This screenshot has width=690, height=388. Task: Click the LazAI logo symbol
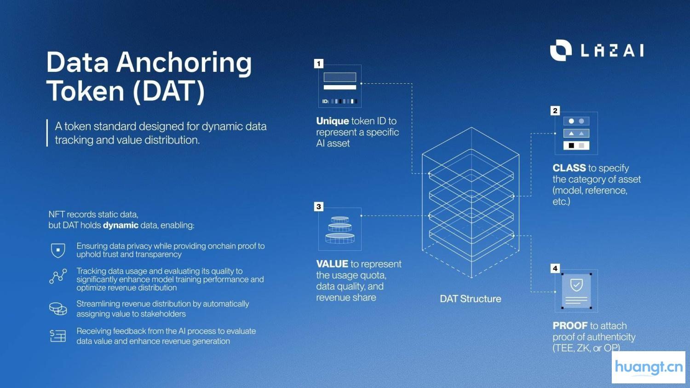click(560, 50)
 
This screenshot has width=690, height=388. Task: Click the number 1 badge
click(319, 64)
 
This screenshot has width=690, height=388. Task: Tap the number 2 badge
click(555, 110)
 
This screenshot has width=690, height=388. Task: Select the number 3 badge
click(319, 207)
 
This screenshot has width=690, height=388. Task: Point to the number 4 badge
click(555, 268)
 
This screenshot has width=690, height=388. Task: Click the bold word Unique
click(333, 121)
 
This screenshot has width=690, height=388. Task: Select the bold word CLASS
click(569, 168)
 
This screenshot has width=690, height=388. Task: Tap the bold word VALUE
click(332, 264)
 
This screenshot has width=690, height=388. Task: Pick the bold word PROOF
click(570, 326)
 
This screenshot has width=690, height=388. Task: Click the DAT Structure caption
click(470, 299)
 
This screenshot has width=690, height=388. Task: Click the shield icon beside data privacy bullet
click(58, 250)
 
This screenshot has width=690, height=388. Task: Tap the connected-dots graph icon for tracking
click(58, 276)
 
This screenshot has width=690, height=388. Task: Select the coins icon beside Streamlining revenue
click(58, 308)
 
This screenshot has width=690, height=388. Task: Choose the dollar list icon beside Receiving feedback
click(58, 336)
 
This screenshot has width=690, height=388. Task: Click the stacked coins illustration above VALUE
click(340, 230)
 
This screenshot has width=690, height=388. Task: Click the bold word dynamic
click(121, 225)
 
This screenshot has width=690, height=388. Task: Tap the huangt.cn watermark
click(649, 367)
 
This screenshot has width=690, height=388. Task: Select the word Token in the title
click(86, 91)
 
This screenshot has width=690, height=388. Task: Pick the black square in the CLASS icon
click(571, 145)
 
